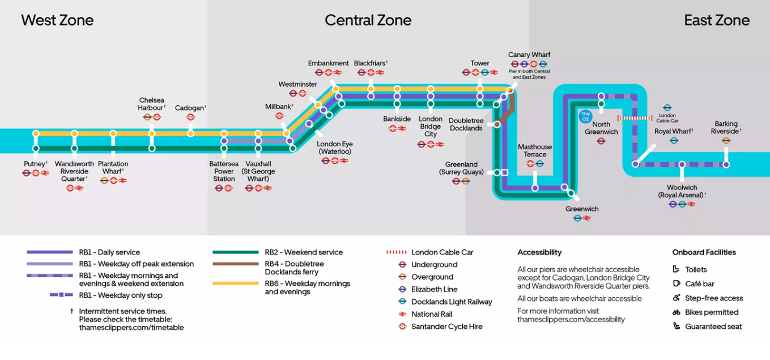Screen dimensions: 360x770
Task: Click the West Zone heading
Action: pos(57,20)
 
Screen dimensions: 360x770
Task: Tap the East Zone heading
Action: pos(716,20)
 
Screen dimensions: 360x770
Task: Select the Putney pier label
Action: pos(35,164)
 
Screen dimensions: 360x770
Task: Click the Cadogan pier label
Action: pos(190,108)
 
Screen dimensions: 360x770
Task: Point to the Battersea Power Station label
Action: pos(224,171)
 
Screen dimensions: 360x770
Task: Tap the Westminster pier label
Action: pos(297,84)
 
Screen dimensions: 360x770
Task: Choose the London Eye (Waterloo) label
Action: pos(334,148)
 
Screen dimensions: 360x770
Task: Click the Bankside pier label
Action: pos(397,119)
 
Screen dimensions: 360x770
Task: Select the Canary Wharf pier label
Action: pos(529,55)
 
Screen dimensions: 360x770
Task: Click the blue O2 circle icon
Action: pos(585,116)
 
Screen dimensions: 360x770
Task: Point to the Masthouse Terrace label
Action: pos(535,151)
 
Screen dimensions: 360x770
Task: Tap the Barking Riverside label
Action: pos(726,128)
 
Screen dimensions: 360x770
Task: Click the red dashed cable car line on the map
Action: pos(635,118)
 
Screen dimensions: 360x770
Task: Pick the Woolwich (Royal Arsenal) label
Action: pos(682,192)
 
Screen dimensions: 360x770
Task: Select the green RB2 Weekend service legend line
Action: pos(235,252)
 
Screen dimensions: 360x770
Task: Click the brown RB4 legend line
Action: pos(235,264)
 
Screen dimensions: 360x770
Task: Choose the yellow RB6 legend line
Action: pos(235,283)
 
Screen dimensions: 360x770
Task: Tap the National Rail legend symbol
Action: pos(402,314)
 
